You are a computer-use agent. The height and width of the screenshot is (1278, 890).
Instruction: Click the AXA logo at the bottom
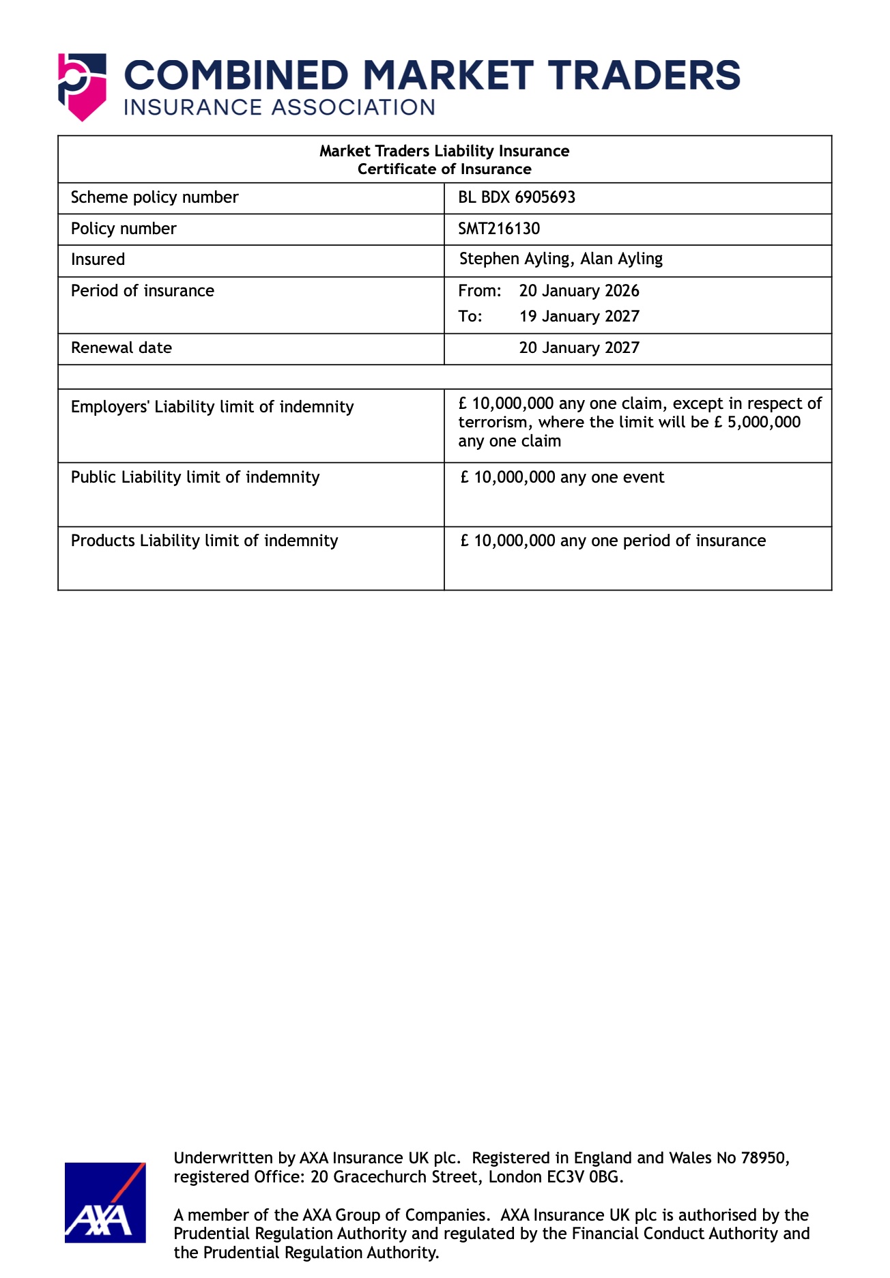click(105, 1202)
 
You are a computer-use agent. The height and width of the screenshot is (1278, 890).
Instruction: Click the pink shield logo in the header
click(82, 87)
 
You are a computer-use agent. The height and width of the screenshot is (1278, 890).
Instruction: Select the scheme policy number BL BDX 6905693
click(517, 197)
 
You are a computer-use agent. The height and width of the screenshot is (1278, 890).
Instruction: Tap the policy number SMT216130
click(499, 229)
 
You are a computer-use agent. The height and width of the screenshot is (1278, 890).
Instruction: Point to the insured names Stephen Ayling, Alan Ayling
click(560, 259)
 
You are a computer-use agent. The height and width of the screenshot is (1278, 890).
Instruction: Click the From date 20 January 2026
click(579, 291)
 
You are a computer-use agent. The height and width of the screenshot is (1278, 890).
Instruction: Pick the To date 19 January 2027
click(579, 316)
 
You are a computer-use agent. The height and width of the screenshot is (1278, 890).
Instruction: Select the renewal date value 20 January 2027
click(579, 347)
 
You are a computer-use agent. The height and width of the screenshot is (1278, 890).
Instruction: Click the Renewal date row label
click(121, 347)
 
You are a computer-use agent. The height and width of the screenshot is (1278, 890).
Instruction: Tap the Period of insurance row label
click(143, 291)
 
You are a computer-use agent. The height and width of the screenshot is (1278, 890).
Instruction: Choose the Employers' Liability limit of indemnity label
click(212, 407)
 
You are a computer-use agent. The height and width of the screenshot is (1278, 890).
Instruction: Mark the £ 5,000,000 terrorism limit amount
click(758, 422)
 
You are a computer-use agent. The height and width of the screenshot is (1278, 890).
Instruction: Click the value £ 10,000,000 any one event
click(562, 477)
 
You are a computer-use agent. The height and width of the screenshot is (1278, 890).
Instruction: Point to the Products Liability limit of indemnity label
click(205, 541)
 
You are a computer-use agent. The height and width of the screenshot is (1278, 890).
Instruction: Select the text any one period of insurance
click(663, 541)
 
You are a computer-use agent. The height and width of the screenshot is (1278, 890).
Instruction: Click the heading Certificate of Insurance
click(444, 169)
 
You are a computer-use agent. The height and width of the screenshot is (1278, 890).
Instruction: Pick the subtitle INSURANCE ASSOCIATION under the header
click(279, 108)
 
